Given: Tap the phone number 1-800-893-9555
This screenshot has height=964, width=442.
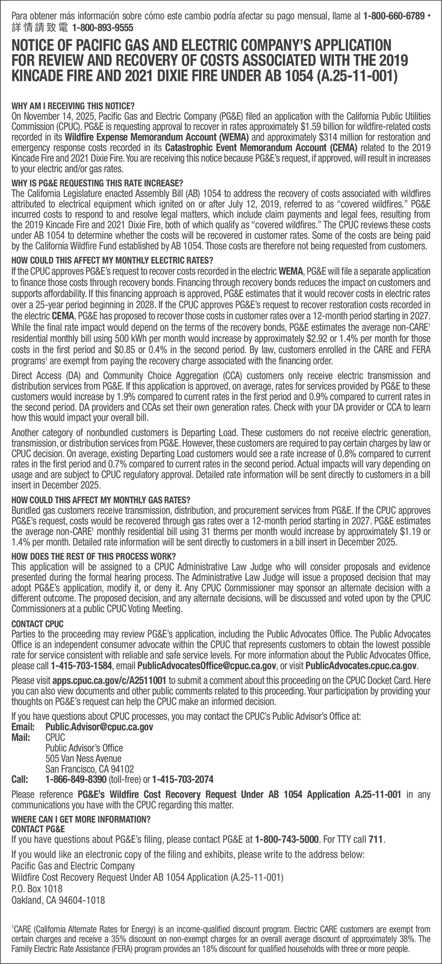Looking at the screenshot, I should (x=102, y=28).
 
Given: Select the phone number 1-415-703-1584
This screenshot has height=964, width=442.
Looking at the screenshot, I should (x=81, y=667).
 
